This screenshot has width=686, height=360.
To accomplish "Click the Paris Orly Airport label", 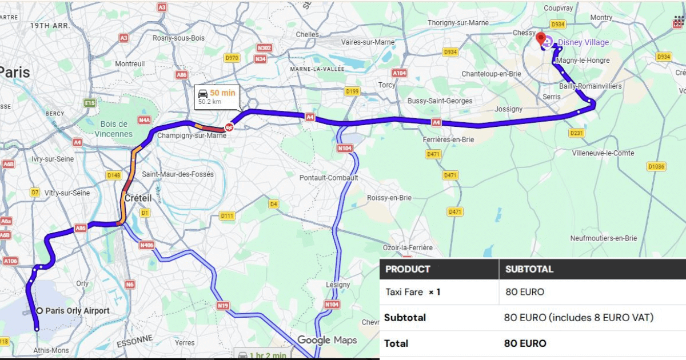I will (77, 311).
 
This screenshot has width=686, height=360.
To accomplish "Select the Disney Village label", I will (583, 42).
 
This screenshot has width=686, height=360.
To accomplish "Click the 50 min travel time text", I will (222, 93).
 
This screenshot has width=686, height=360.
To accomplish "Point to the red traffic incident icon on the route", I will (229, 127).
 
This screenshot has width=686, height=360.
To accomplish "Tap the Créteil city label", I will (138, 198).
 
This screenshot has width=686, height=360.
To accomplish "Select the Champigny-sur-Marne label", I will (192, 135).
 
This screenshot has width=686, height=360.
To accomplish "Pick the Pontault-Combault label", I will (329, 178).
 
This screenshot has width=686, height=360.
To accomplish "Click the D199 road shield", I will (352, 91).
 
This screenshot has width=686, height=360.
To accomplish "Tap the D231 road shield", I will (577, 133).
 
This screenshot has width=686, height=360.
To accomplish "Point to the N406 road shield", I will (147, 245).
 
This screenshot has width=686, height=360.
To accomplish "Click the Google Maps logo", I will (327, 341).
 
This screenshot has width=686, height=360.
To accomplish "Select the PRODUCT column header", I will (408, 269).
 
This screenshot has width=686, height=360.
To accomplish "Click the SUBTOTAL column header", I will (529, 269).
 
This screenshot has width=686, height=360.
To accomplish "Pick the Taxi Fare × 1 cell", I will (413, 292).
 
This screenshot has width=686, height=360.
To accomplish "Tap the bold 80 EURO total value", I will (525, 343).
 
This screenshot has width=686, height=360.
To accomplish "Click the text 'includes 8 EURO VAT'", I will (600, 318).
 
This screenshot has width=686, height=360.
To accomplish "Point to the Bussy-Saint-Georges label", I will (440, 101).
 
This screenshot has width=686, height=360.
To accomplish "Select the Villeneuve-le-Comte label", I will (603, 153).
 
